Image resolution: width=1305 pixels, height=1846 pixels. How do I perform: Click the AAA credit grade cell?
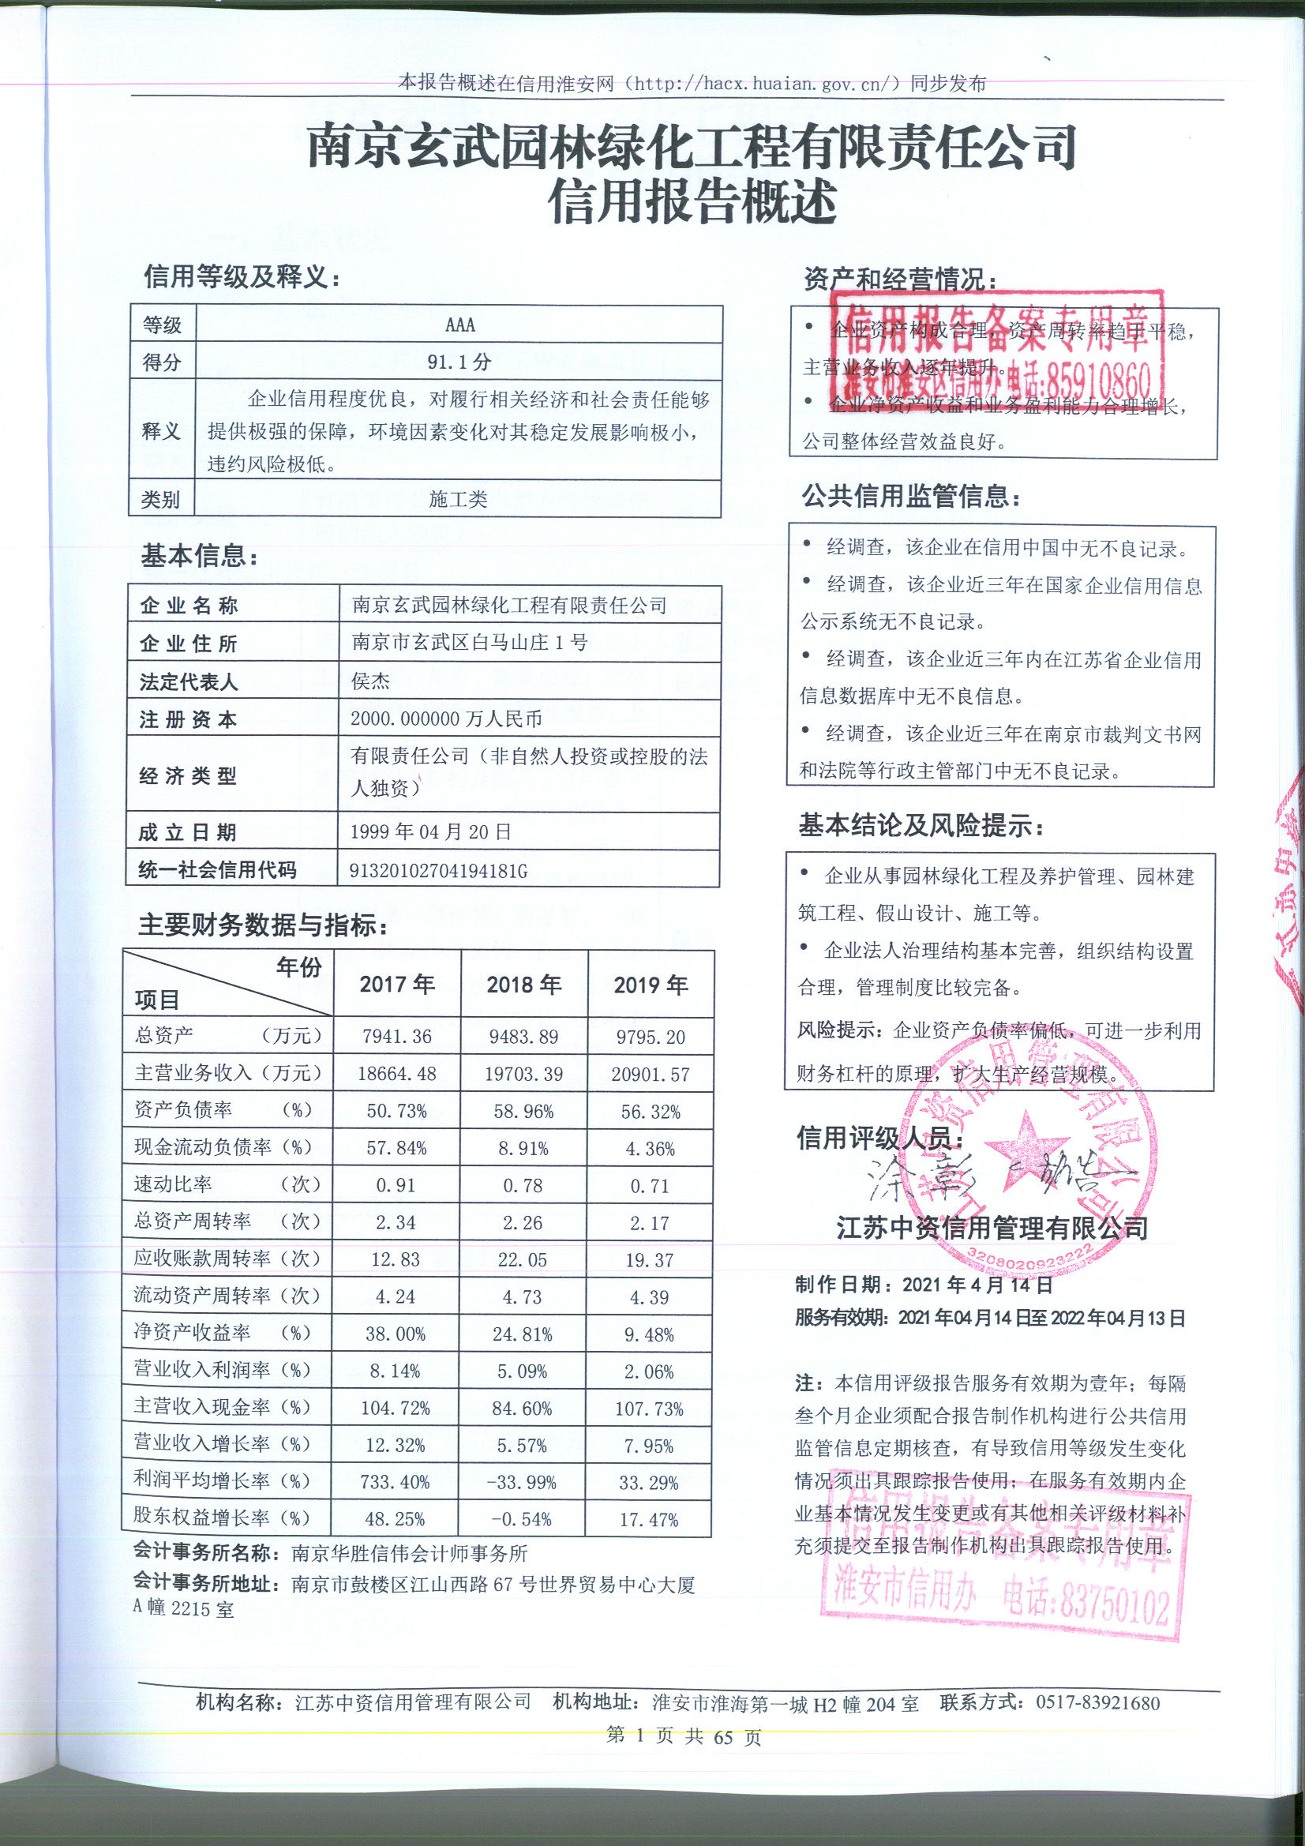click(x=459, y=325)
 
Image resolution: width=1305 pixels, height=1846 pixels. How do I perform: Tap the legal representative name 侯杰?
click(x=371, y=681)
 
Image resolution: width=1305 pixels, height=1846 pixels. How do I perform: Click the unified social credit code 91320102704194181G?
click(x=439, y=870)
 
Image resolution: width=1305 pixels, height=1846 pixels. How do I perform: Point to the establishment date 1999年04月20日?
click(x=431, y=832)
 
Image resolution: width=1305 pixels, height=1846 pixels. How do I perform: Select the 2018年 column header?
click(x=523, y=984)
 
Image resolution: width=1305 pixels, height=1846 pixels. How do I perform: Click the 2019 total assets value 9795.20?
click(x=650, y=1037)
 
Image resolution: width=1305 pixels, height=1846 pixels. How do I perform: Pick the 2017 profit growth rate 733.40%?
click(x=396, y=1482)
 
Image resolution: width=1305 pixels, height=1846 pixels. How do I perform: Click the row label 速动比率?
click(x=173, y=1184)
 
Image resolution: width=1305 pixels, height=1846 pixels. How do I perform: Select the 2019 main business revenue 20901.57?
click(x=650, y=1074)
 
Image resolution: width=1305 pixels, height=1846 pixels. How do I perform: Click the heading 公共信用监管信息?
click(x=911, y=497)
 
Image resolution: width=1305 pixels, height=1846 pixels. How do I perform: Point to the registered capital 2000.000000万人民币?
click(x=445, y=719)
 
